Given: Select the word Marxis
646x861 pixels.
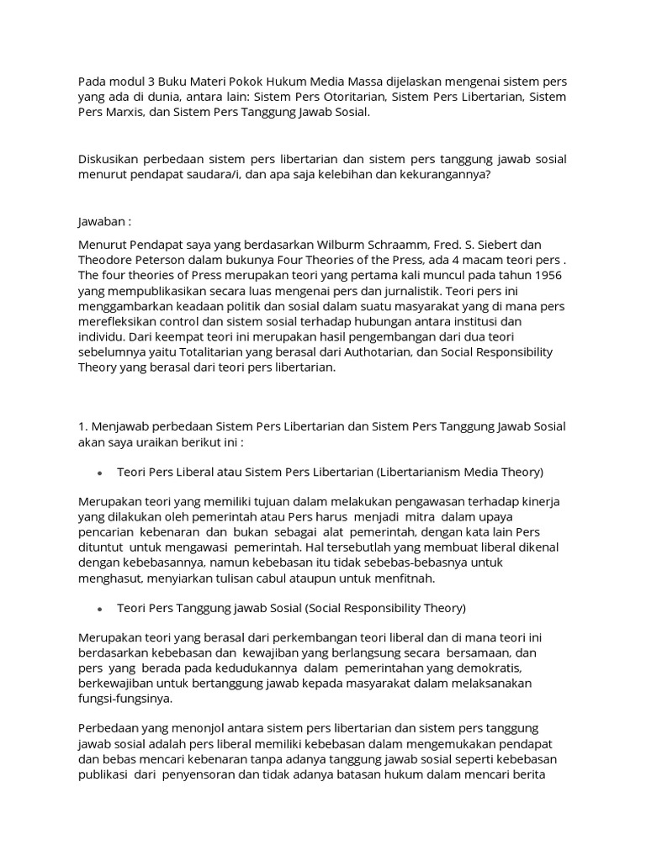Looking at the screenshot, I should pyautogui.click(x=131, y=112).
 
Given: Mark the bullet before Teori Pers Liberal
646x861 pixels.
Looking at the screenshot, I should pyautogui.click(x=100, y=472).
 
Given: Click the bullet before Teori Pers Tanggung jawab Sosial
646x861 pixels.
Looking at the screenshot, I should pyautogui.click(x=100, y=608).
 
